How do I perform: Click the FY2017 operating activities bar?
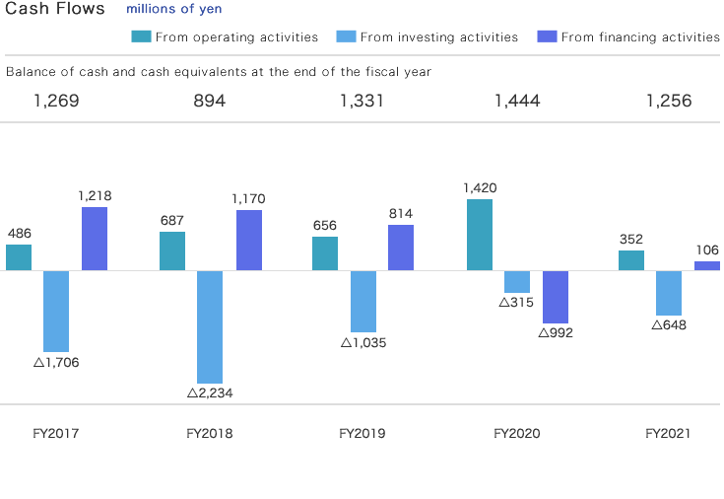tap(19, 257)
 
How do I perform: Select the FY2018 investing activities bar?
tap(210, 326)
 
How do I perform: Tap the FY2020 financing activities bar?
tap(556, 297)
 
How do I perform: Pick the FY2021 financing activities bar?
tap(707, 265)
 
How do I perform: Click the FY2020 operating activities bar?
tap(480, 235)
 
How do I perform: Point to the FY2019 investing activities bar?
tap(363, 301)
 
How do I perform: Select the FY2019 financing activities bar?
tap(401, 248)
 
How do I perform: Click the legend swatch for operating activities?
tap(141, 37)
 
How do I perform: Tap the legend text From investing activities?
tap(439, 37)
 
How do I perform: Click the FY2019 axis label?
tap(362, 434)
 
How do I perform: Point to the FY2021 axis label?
tap(669, 434)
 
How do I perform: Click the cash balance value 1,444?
tap(516, 101)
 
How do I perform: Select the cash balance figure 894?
tap(210, 101)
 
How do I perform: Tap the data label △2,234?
tap(210, 392)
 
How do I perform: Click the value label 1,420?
tap(480, 187)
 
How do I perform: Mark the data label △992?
tap(556, 332)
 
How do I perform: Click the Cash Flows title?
tap(55, 9)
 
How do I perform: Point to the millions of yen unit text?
tap(174, 9)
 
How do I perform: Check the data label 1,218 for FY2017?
tap(95, 195)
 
